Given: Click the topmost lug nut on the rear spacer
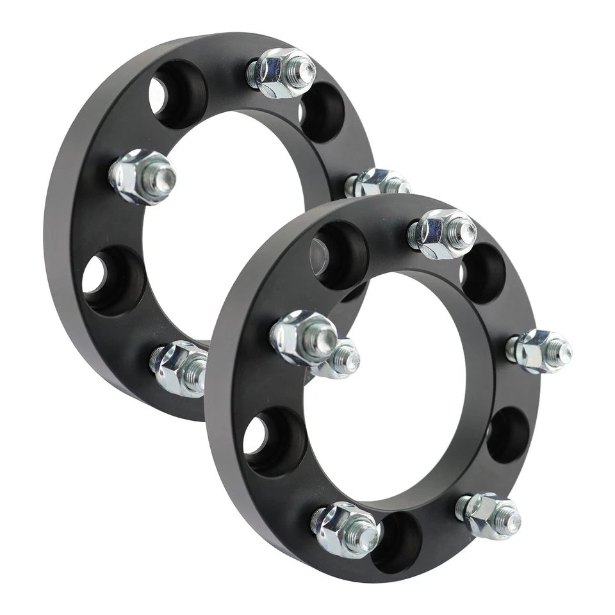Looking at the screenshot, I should point(281,72).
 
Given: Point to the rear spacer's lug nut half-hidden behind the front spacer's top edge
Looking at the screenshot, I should point(378,183).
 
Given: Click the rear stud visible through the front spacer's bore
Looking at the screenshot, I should point(343,358).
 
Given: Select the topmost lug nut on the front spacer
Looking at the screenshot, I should point(443,234).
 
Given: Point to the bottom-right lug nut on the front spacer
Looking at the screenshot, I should point(489,514).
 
